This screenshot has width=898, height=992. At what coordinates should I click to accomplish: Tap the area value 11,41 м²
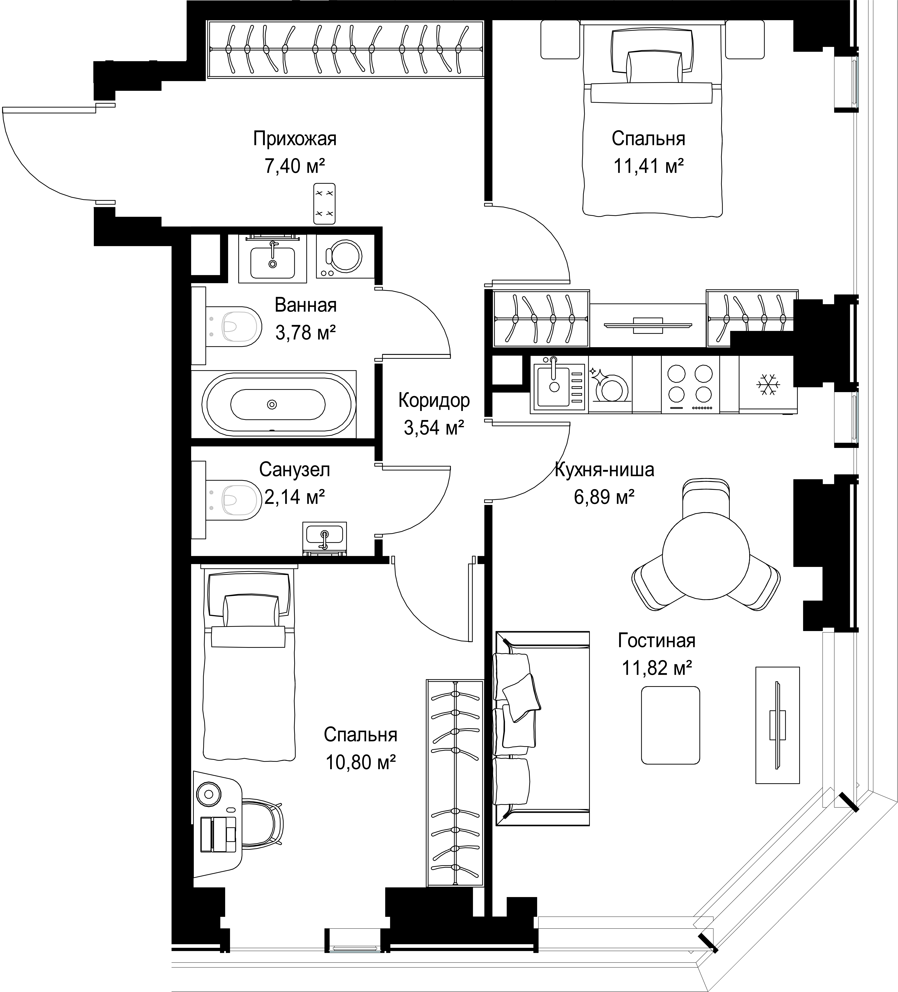648,166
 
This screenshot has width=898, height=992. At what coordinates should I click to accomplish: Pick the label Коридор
434,400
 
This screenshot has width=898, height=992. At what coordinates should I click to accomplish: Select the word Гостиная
657,641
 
